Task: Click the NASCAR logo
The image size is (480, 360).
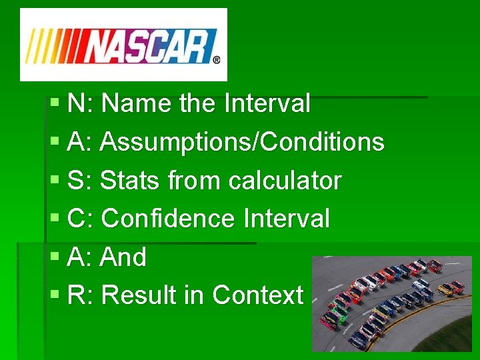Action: pos(123,45)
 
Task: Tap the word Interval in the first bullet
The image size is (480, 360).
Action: pos(267,104)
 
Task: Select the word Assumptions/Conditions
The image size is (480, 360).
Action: pos(242,142)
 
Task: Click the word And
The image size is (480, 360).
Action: pos(123,257)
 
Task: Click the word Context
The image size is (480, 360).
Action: pos(257,295)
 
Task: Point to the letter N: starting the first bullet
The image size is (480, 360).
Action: pos(81,104)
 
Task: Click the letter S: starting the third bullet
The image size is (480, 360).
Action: pos(80,181)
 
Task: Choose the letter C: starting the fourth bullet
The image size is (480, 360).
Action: pos(81,219)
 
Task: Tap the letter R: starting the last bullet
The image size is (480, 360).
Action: pos(81,295)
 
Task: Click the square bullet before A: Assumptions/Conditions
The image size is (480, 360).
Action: pos(55,142)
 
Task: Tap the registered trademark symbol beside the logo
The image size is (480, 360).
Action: pos(216,59)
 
